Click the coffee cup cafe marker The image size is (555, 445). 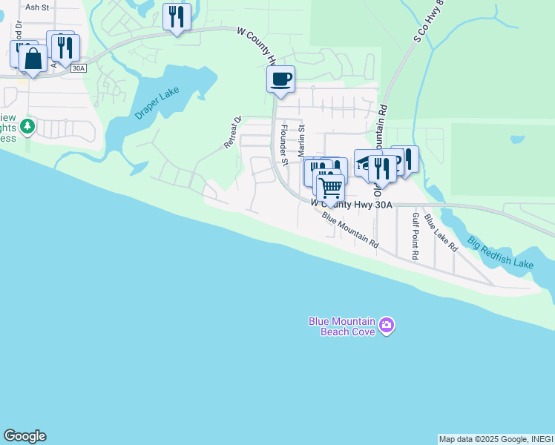click(280, 79)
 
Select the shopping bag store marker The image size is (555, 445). click(33, 58)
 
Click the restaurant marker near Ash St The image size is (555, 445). click(177, 16)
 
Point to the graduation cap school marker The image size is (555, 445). click(367, 163)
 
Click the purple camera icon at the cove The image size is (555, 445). click(386, 326)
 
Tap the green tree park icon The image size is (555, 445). click(27, 127)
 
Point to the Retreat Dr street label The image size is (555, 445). click(234, 132)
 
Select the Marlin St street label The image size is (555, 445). click(302, 139)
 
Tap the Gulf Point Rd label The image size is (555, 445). click(416, 236)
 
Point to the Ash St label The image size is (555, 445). click(36, 7)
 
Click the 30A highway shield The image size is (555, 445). click(78, 68)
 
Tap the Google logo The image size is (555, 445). click(24, 436)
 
